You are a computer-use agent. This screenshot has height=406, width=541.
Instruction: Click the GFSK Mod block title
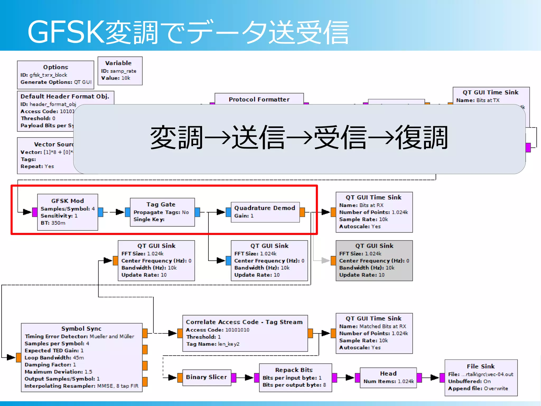[x=67, y=201]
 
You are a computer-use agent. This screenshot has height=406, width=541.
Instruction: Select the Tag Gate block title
[x=161, y=204]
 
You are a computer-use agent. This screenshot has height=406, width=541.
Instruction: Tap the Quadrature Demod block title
[x=264, y=208]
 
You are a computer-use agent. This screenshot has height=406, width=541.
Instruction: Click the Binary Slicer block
[x=206, y=377]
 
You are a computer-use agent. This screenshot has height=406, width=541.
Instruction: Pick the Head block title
[x=388, y=373]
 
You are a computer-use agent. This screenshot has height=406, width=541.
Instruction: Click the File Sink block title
[x=481, y=366]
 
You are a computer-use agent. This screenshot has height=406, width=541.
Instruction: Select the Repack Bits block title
[x=294, y=370]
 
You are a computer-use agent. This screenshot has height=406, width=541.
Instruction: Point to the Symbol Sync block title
[x=81, y=329]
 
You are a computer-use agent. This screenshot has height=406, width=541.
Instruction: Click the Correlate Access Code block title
[x=244, y=322]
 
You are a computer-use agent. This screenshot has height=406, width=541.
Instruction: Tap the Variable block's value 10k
[x=126, y=78]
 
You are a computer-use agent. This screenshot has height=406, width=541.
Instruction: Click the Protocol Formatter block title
[x=259, y=99]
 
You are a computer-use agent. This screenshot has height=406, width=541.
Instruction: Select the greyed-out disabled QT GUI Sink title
[x=374, y=246]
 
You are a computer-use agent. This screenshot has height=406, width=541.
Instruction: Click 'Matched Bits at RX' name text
[x=383, y=326]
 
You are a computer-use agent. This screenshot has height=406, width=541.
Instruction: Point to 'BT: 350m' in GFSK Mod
[x=53, y=223]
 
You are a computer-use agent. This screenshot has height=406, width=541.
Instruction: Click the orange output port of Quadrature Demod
[x=302, y=212]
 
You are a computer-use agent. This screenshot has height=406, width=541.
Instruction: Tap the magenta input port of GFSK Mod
[x=35, y=212]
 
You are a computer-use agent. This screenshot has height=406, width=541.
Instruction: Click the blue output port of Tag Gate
[x=197, y=212]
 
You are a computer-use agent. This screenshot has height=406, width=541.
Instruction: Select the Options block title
[x=55, y=67]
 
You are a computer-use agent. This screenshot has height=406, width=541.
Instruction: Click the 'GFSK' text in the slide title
[x=66, y=32]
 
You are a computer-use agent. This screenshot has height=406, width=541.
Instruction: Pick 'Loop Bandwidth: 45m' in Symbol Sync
[x=54, y=358]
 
